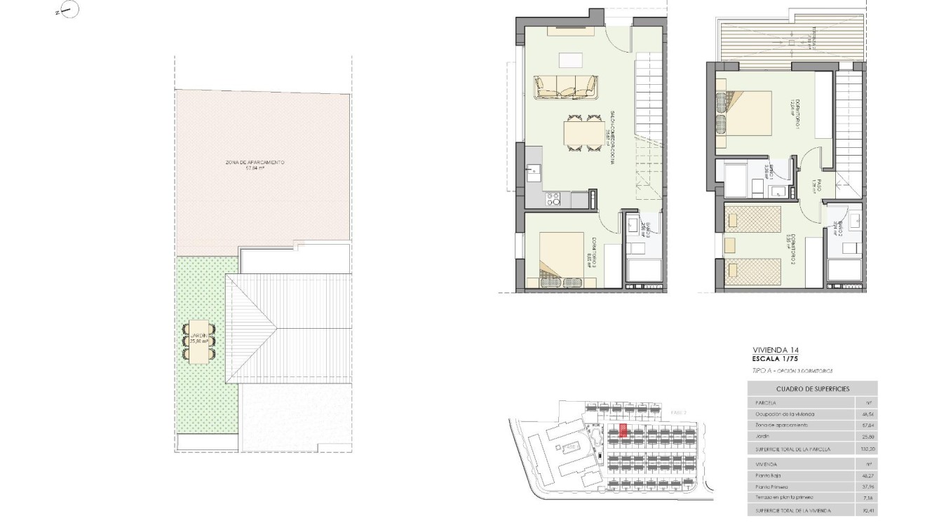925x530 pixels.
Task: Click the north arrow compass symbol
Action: pyautogui.click(x=70, y=10)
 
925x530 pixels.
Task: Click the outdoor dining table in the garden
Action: pyautogui.click(x=199, y=341)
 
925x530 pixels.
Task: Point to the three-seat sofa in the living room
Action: pyautogui.click(x=567, y=86)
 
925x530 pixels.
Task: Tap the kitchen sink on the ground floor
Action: pyautogui.click(x=534, y=170)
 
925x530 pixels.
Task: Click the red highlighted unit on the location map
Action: pyautogui.click(x=622, y=430)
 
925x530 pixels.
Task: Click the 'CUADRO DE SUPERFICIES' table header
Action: pyautogui.click(x=812, y=388)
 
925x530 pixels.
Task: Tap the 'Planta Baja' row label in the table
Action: pyautogui.click(x=768, y=475)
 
